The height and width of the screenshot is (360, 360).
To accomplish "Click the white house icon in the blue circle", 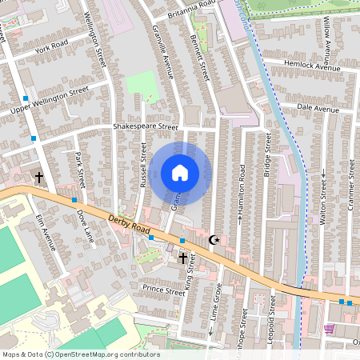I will (x=180, y=173).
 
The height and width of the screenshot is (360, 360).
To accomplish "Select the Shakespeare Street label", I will (x=145, y=126).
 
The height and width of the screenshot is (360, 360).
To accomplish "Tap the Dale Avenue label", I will (x=318, y=108).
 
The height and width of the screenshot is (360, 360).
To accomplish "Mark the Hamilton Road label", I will (x=241, y=189).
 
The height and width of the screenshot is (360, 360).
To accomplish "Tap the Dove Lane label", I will (x=85, y=226).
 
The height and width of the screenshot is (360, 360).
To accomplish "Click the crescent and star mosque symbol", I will (x=214, y=239).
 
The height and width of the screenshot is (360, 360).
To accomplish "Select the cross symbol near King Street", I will (x=182, y=258).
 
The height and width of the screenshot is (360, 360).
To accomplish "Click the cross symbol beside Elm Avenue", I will (x=38, y=176).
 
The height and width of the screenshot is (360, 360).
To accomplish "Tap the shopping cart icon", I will (x=329, y=328).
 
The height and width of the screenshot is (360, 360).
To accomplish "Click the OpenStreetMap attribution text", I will (x=80, y=354).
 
